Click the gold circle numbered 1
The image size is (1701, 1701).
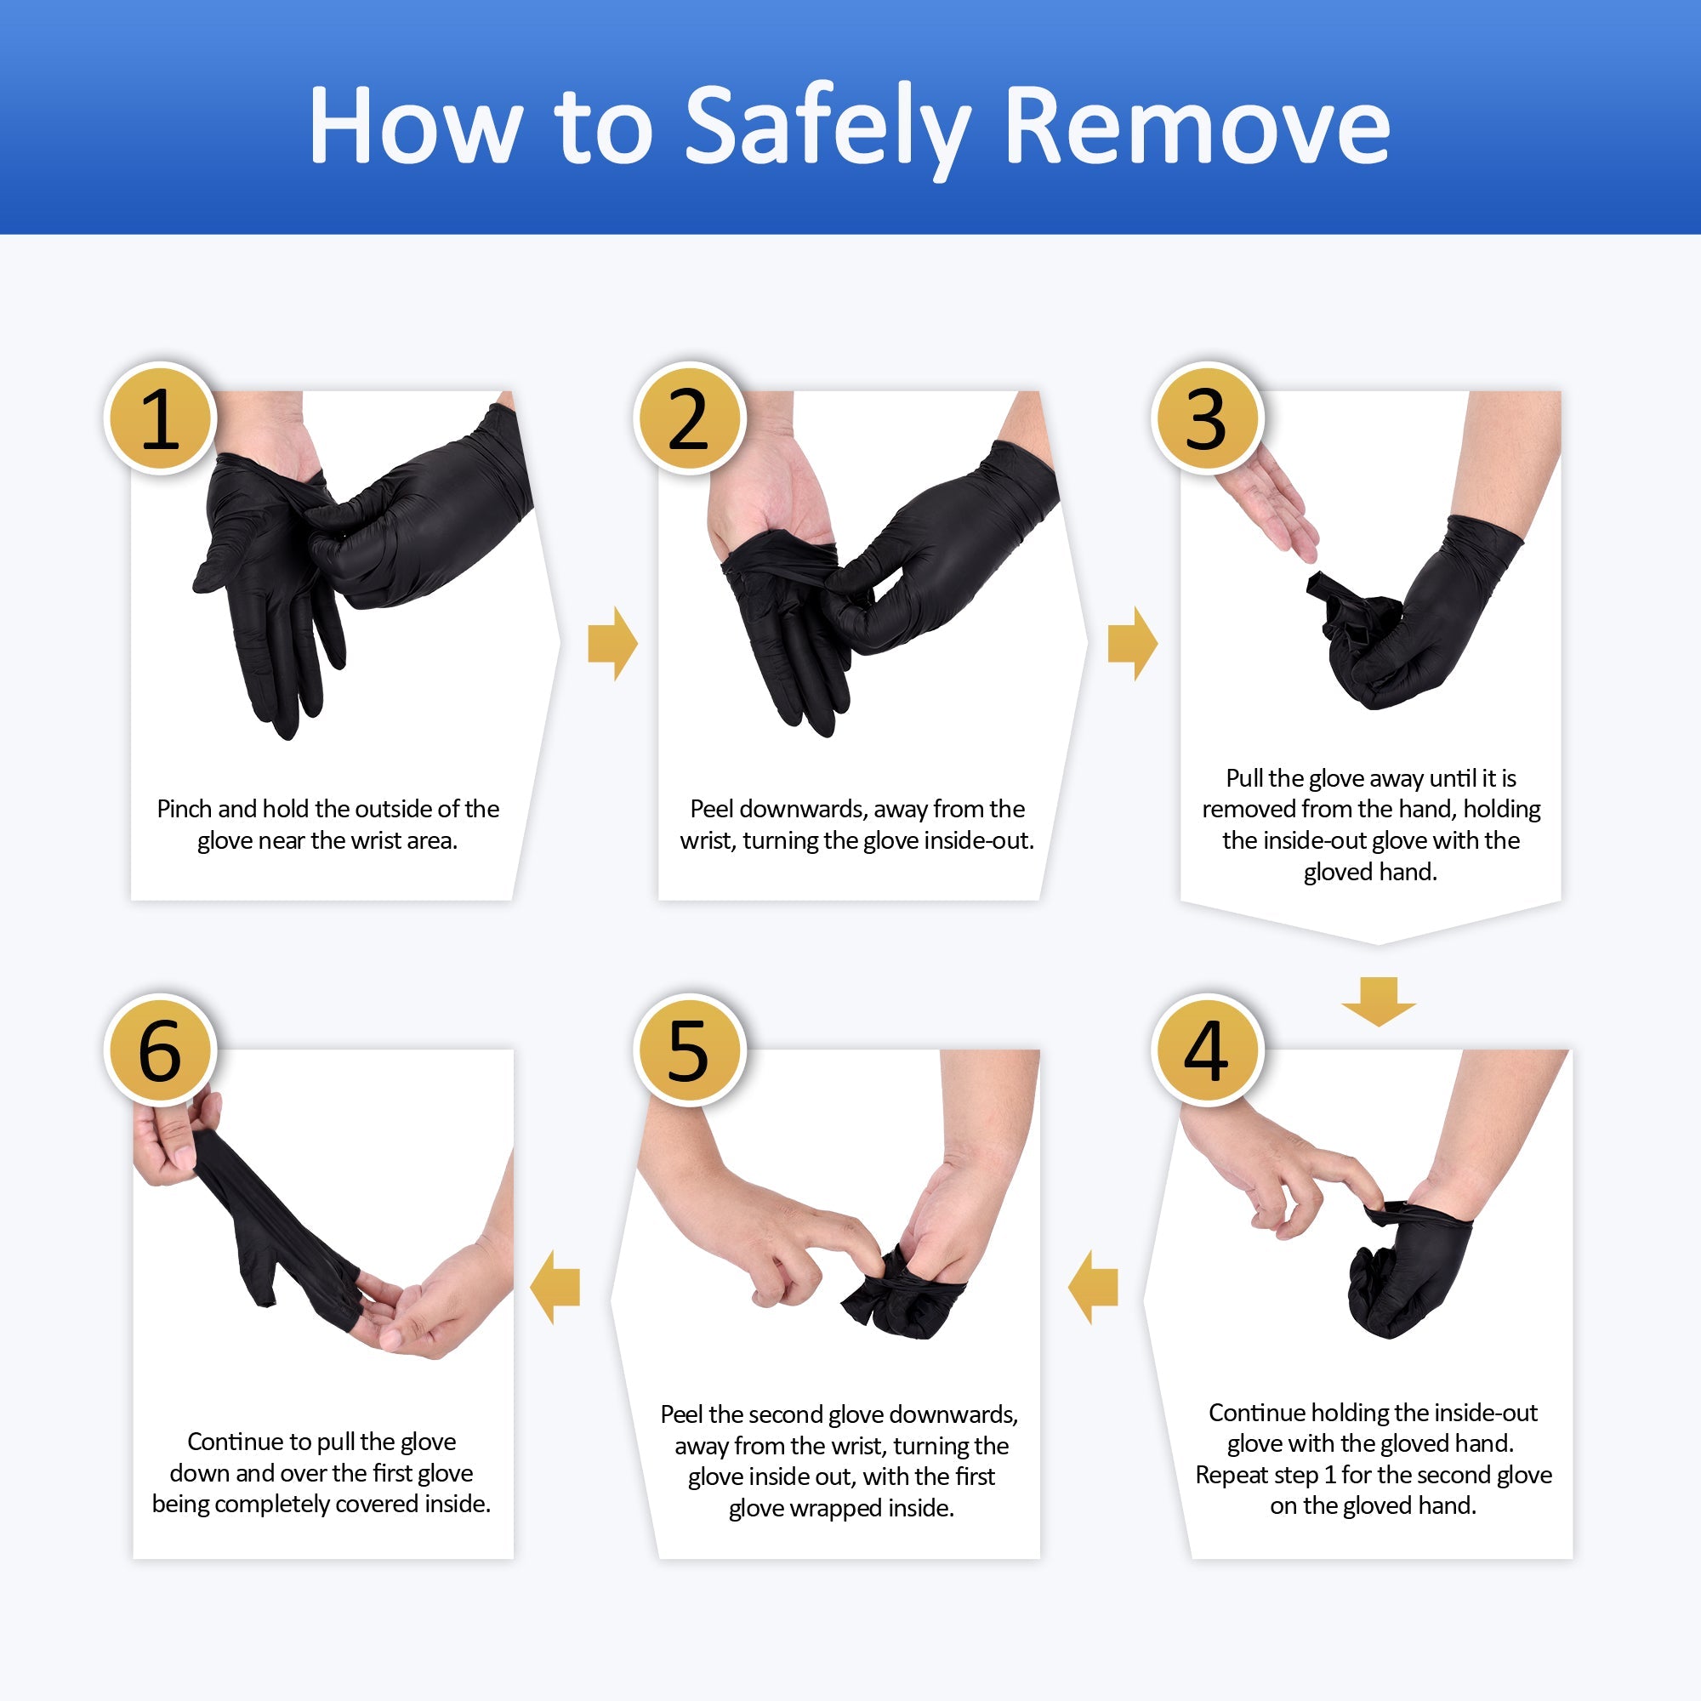[160, 418]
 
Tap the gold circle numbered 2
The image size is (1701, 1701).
[689, 418]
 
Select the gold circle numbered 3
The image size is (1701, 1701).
[1207, 418]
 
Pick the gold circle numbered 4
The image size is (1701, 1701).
[1207, 1050]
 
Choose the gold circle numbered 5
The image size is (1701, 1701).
[689, 1050]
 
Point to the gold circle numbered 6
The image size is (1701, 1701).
[160, 1050]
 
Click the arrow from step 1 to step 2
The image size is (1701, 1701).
[612, 644]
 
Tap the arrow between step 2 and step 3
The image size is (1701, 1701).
[1132, 644]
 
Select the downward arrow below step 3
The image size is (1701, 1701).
[1379, 1002]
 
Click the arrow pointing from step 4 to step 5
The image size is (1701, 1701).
[1093, 1288]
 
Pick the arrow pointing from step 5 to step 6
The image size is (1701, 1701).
[555, 1288]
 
